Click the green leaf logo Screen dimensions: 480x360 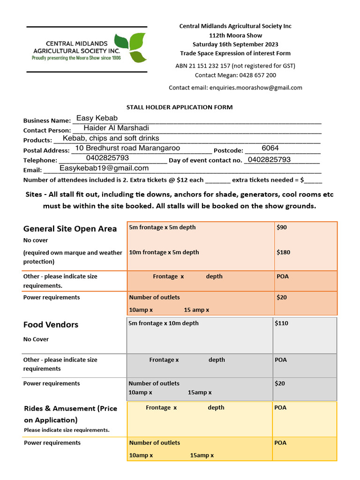point(131,47)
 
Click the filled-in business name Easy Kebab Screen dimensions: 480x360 point(97,118)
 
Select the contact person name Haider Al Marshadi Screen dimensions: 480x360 point(116,128)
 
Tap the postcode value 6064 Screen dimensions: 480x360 point(270,148)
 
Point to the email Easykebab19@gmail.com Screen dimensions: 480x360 point(104,168)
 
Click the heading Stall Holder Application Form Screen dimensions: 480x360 point(180,107)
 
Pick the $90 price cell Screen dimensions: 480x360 point(282,227)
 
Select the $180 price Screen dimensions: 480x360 point(284,252)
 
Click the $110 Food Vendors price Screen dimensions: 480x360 point(282,323)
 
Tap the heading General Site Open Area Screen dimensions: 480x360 point(70,229)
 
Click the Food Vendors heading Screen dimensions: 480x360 point(51,324)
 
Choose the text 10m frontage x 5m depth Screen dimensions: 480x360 point(164,252)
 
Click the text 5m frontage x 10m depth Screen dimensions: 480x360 point(164,323)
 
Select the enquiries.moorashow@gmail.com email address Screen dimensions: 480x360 point(256,88)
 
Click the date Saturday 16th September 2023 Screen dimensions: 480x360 point(235,45)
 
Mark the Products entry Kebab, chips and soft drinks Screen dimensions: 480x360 point(111,138)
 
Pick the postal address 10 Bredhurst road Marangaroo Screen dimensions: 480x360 point(127,148)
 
